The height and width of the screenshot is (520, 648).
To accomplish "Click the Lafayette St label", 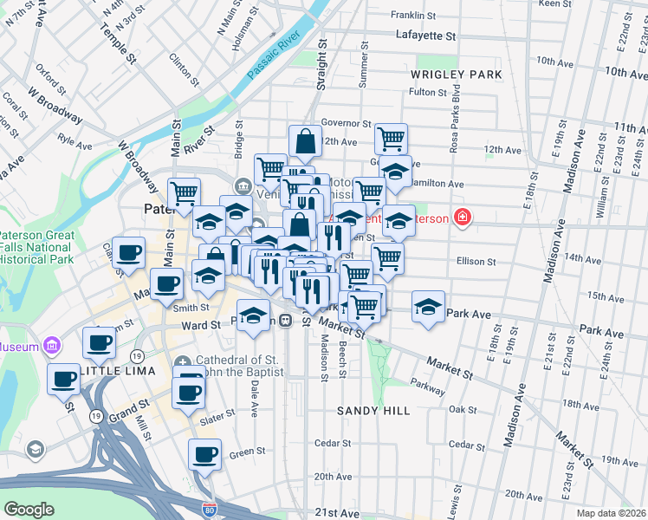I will click(x=425, y=36).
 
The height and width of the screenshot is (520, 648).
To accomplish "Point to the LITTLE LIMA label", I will click(x=117, y=370).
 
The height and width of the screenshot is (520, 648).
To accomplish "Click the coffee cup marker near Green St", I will click(x=205, y=454).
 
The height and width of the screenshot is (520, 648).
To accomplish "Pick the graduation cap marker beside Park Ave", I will click(x=428, y=308).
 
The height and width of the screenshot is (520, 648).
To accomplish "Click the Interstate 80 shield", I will click(x=210, y=511).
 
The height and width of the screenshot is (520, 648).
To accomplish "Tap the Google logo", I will click(x=29, y=509).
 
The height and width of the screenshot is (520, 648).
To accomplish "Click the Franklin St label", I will click(x=412, y=15).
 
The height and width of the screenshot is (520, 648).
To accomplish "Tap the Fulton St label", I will click(x=427, y=91).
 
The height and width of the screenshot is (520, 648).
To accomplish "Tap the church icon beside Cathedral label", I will click(x=183, y=361).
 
